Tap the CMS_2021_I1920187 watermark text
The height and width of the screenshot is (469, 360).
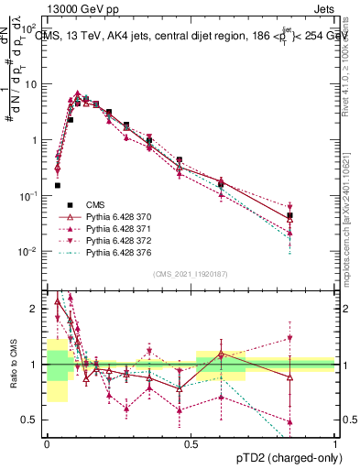pos(190,274)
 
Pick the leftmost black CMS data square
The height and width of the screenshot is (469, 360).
pos(58,185)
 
